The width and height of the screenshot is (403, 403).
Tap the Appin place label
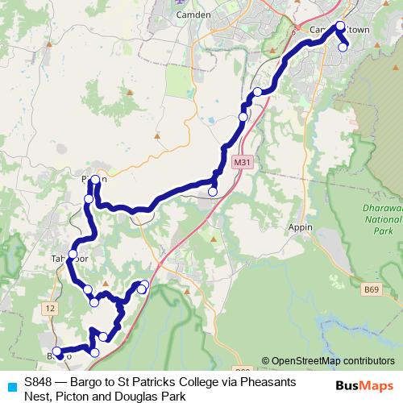click(x=300, y=228)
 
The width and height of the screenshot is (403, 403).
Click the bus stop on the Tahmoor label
click(x=72, y=255)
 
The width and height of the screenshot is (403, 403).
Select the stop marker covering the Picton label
click(x=96, y=179)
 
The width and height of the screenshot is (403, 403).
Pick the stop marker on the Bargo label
click(x=58, y=352)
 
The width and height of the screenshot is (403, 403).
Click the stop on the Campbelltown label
click(x=340, y=26)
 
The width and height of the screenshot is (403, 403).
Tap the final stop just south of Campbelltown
click(x=343, y=47)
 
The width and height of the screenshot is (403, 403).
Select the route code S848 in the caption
click(x=38, y=380)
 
